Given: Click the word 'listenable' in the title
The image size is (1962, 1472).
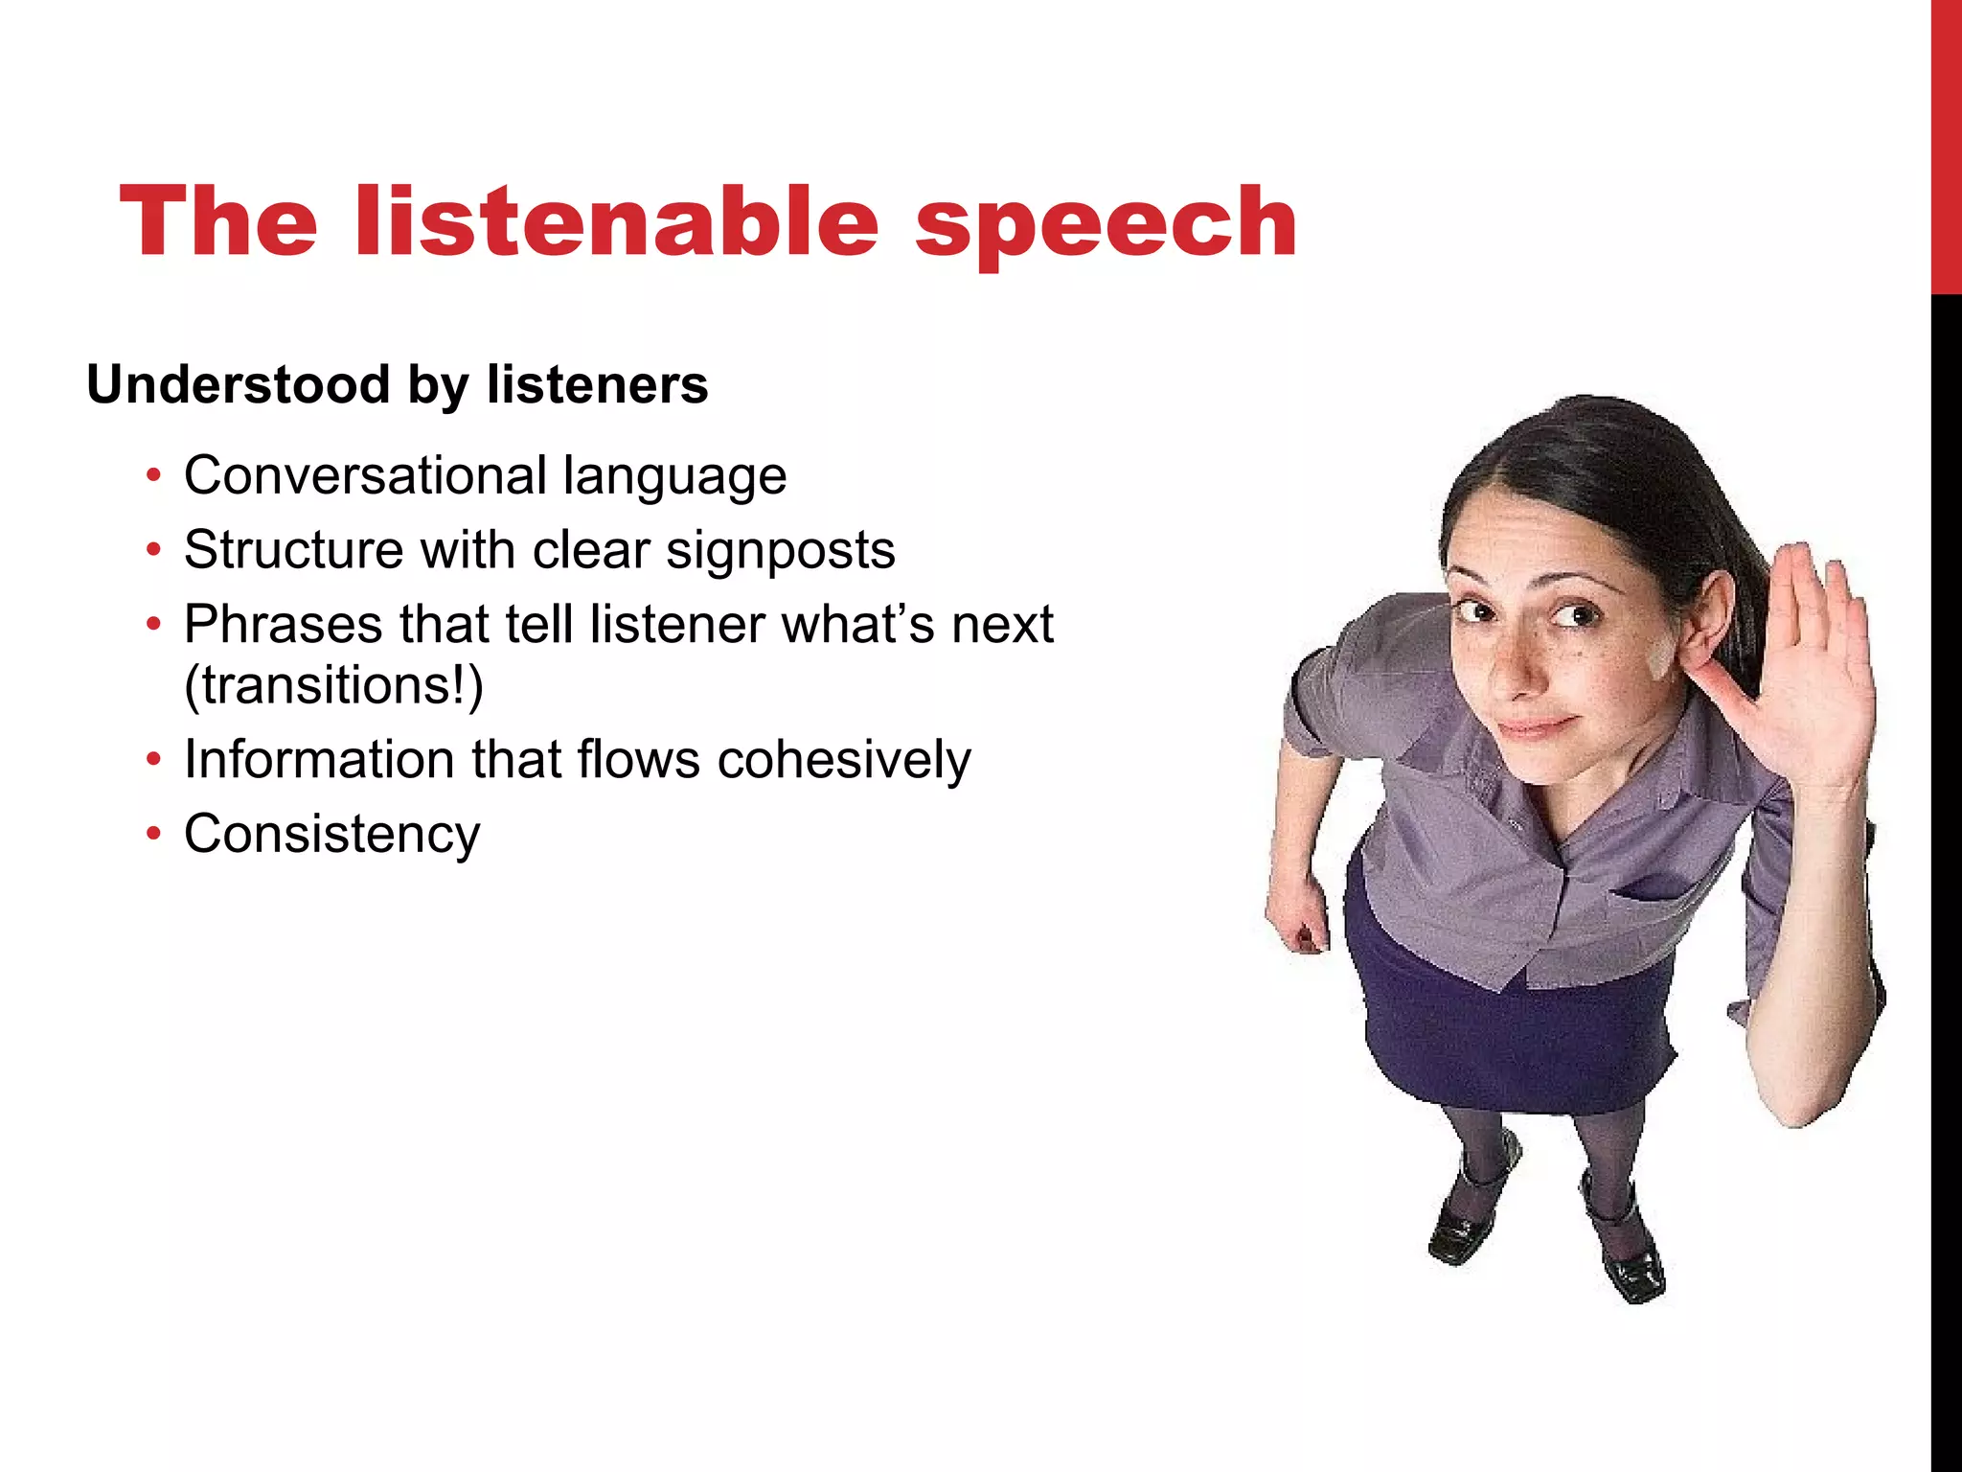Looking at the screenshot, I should [x=616, y=222].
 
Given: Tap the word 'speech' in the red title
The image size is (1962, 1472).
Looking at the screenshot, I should [x=1106, y=226].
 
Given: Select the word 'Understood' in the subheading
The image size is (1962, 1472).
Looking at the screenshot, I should [x=239, y=385].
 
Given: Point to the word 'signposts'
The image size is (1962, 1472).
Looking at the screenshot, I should [x=781, y=551].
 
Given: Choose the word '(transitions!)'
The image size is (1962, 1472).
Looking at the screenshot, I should [x=333, y=685].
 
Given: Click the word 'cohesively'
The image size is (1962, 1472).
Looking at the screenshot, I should [x=844, y=760].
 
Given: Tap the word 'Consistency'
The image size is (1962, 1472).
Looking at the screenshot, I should [x=331, y=834].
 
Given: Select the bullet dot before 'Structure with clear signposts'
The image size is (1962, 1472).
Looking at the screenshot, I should [x=153, y=551].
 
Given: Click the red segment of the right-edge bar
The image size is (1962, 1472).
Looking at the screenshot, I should [x=1946, y=144].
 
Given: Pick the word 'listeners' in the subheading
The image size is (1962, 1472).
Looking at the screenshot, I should [x=597, y=385].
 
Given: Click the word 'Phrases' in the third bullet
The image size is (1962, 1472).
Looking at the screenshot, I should [x=284, y=625].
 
